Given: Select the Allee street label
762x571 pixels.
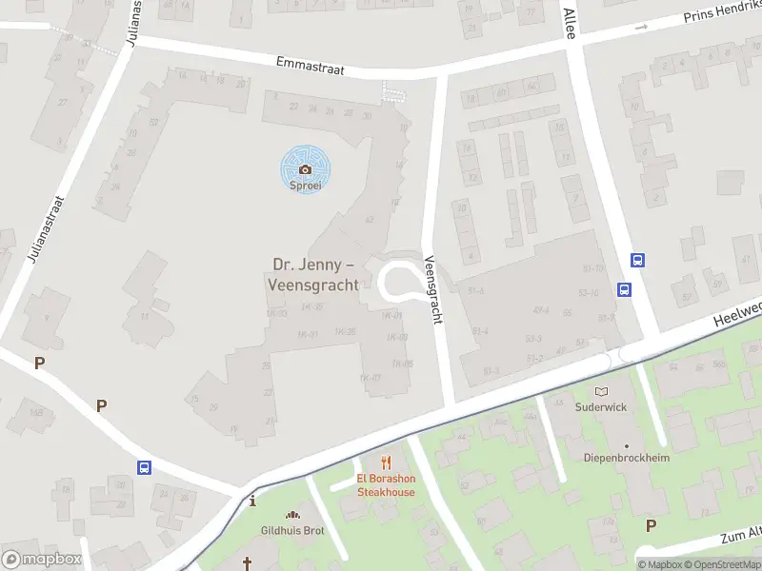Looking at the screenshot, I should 570,19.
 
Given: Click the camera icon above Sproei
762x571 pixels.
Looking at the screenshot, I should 305,169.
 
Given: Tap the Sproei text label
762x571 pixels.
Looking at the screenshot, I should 306,186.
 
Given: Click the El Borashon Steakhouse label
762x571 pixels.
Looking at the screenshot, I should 386,485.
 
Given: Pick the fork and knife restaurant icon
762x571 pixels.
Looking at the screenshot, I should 386,463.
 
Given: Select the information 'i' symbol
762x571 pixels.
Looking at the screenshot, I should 252,501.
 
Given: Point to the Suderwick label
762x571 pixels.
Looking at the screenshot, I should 601,406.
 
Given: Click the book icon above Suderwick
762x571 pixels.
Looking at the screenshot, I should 601,391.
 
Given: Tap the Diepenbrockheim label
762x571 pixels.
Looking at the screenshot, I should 627,458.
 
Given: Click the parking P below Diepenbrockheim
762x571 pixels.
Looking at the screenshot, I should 651,525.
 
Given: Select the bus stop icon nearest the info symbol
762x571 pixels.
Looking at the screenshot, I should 145,467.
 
